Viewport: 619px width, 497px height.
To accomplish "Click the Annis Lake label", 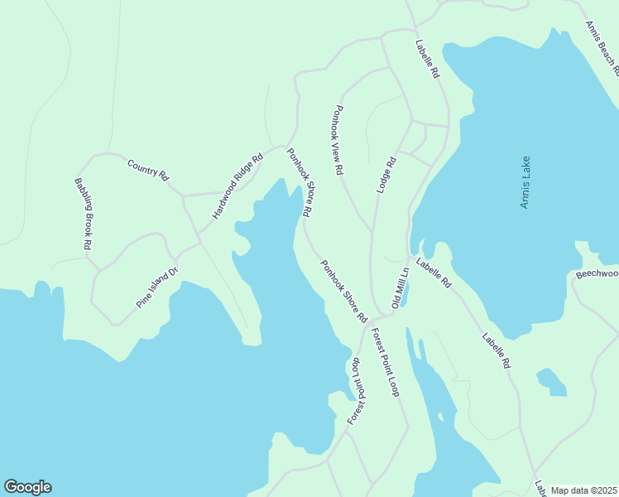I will [x=525, y=182].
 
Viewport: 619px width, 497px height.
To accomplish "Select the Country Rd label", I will [x=148, y=171].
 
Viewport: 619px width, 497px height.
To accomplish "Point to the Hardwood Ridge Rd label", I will [x=237, y=186].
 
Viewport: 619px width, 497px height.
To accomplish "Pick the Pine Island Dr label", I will [x=158, y=288].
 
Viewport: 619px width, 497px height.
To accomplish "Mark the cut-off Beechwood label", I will [x=597, y=273].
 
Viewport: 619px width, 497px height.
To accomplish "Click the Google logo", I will [x=27, y=487].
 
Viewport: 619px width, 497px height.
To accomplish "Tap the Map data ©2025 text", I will [x=584, y=490].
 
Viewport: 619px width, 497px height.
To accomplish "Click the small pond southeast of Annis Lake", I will [x=551, y=382].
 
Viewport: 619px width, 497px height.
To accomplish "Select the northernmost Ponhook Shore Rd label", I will [x=299, y=182].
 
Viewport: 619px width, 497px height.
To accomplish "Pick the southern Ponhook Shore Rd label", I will [x=344, y=291].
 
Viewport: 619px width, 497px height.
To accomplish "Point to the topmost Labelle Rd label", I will [x=428, y=59].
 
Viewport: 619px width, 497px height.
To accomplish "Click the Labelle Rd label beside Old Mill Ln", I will [x=434, y=273].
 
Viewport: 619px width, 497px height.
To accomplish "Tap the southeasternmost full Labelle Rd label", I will [x=497, y=351].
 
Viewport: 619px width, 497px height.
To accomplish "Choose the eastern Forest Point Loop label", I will [x=386, y=363].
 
